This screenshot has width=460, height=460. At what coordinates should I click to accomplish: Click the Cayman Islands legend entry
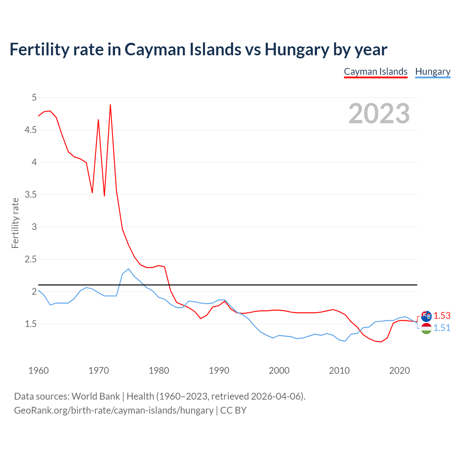click(x=376, y=72)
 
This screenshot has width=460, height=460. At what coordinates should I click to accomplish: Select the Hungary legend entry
click(x=433, y=72)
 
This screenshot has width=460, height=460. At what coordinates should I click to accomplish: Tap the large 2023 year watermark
click(x=379, y=114)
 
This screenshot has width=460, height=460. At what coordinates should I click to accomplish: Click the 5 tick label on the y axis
click(x=34, y=97)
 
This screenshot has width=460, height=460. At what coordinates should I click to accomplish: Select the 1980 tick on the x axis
click(x=159, y=371)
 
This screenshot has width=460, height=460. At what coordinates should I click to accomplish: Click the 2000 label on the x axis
click(x=279, y=371)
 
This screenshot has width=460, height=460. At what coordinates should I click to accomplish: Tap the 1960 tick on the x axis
click(x=38, y=371)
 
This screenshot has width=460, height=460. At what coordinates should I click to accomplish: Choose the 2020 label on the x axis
click(x=399, y=371)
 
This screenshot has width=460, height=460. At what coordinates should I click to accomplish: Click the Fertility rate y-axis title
click(x=15, y=223)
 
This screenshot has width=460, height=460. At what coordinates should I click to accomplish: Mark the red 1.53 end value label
click(x=442, y=316)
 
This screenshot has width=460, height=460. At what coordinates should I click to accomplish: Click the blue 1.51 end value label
click(x=442, y=328)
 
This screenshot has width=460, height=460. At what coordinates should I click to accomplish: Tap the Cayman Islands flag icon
click(x=426, y=316)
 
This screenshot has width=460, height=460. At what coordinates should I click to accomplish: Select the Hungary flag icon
click(x=426, y=328)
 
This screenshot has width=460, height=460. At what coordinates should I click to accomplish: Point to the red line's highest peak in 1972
click(x=110, y=105)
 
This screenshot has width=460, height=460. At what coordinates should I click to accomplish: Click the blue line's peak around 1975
click(x=128, y=269)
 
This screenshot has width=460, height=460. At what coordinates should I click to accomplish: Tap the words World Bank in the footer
click(x=96, y=396)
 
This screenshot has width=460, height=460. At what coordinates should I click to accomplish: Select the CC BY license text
click(x=233, y=410)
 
